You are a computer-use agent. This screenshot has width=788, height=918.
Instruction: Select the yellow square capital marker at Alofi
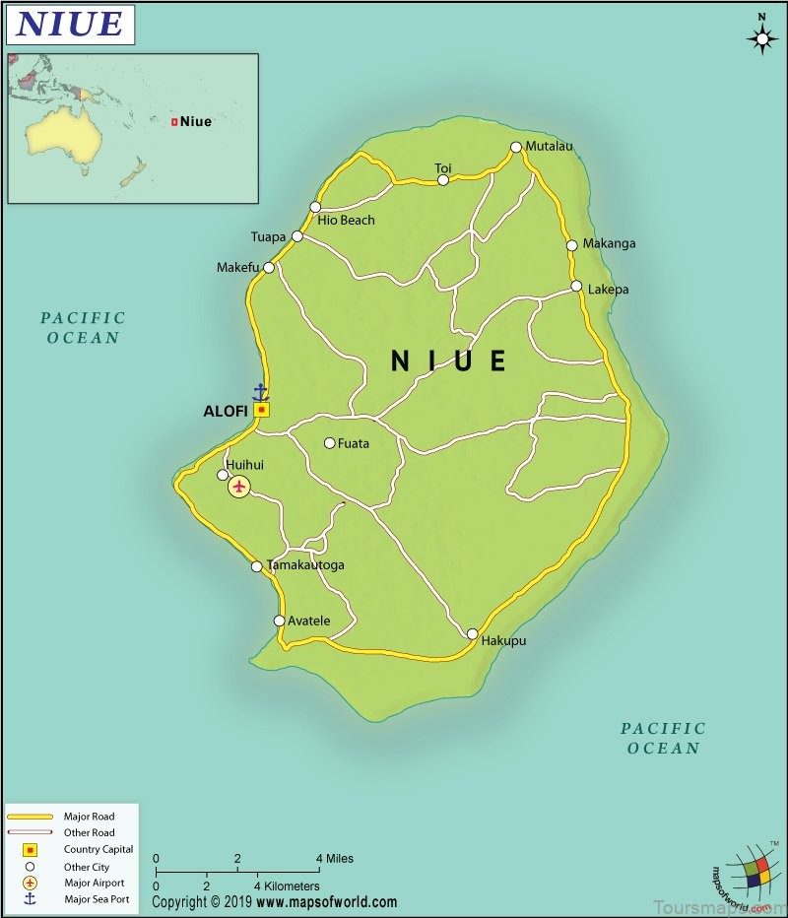pos(261,410)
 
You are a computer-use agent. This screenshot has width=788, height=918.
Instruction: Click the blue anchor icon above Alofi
pos(260,391)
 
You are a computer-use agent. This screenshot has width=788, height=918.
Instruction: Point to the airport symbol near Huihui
pos(238,487)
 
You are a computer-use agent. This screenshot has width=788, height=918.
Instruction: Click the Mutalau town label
pos(549,147)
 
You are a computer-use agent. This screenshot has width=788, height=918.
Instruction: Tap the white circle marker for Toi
pos(443,180)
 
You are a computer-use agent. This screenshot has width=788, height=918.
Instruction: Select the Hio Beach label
pos(346,221)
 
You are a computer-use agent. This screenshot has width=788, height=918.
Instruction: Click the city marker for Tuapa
pos(297,236)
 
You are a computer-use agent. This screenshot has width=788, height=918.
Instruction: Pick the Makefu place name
pos(237,268)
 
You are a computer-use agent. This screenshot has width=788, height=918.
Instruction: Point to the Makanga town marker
pos(571,245)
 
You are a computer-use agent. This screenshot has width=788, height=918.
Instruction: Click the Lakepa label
pos(608,290)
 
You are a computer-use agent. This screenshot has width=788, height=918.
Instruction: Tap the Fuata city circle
pos(330,443)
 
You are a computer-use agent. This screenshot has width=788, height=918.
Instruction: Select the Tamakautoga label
pos(305,566)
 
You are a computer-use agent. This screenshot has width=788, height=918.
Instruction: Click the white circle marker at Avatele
pos(280,621)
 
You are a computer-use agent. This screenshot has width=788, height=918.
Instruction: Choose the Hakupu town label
pos(503,641)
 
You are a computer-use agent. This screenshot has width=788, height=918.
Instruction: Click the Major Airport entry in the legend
pos(95,884)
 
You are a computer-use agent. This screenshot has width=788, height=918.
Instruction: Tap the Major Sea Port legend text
pos(97,899)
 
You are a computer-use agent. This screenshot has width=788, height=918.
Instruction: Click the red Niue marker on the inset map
pos(174,122)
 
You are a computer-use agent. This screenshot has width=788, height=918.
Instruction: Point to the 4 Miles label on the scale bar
pos(332,859)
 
